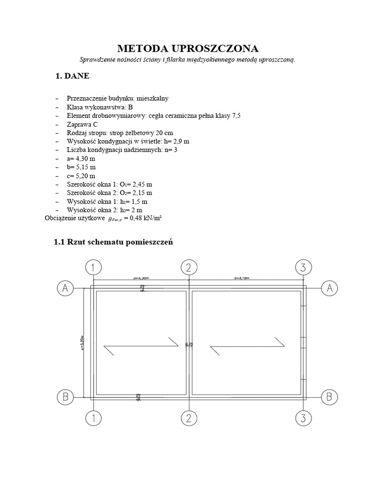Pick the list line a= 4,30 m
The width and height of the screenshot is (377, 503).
pyautogui.click(x=81, y=158)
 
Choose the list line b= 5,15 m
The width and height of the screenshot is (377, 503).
pyautogui.click(x=81, y=167)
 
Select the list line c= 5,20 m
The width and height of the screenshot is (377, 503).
pyautogui.click(x=81, y=175)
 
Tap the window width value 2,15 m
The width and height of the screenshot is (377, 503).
pyautogui.click(x=142, y=193)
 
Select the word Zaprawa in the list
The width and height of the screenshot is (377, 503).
pyautogui.click(x=79, y=124)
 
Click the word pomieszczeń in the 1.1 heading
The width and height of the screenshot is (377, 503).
pyautogui.click(x=149, y=242)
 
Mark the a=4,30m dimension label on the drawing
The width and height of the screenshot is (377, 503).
pyautogui.click(x=140, y=278)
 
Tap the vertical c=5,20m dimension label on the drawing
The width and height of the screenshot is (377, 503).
pyautogui.click(x=83, y=342)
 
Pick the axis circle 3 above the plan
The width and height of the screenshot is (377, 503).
pyautogui.click(x=303, y=268)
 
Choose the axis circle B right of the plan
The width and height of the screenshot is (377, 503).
pyautogui.click(x=329, y=396)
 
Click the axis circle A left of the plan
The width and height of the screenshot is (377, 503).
pyautogui.click(x=64, y=288)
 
